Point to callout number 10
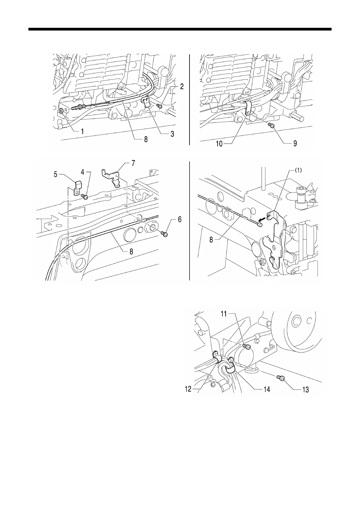coord(219,144)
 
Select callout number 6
coord(180,219)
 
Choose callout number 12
coord(188,389)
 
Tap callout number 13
coord(305,390)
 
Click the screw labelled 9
coord(271,126)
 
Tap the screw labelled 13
coord(280,377)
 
